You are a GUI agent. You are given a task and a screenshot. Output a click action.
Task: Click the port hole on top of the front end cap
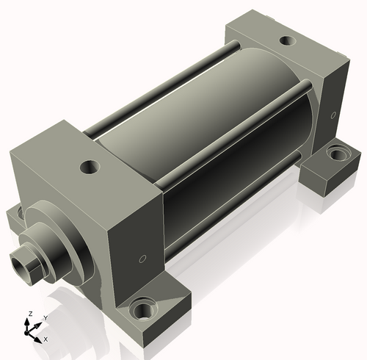(x=90, y=167)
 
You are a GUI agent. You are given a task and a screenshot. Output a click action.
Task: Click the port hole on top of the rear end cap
(x=287, y=40)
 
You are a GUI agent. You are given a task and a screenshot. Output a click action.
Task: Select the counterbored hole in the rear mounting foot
(x=338, y=153)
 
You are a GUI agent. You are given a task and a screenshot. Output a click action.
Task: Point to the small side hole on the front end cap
(x=142, y=259)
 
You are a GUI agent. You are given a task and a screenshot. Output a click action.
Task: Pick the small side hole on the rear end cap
(x=333, y=115)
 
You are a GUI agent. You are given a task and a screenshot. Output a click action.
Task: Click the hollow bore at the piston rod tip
(x=20, y=265)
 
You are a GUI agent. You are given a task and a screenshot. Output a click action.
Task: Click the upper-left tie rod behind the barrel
(x=161, y=88)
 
